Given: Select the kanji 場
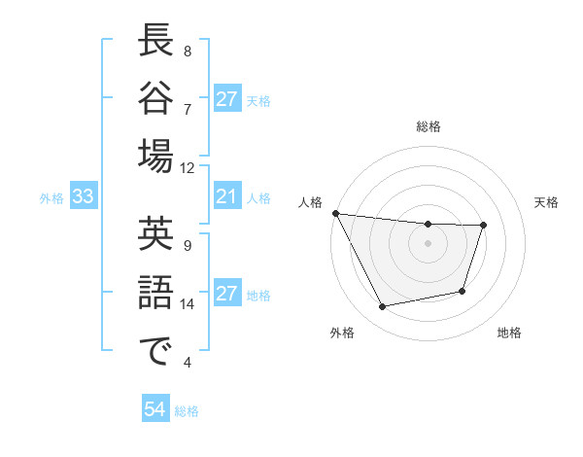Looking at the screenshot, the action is click(155, 158).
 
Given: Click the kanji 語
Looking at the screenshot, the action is click(155, 292).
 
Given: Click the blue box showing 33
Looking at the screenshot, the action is click(84, 197).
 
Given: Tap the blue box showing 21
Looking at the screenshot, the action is click(226, 197).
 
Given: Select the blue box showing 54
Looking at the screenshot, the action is click(154, 409).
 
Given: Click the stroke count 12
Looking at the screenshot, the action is click(187, 167).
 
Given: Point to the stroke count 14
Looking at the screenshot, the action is click(187, 304).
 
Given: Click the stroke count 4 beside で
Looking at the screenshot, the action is click(187, 363).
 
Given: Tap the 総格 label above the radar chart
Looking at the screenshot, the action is click(429, 126).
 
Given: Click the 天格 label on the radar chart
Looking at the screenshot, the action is click(546, 202).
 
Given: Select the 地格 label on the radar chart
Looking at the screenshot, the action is click(509, 334).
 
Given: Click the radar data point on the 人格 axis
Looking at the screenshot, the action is click(335, 213).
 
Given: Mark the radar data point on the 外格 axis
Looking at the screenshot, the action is click(383, 307).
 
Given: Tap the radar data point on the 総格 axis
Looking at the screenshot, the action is click(429, 225).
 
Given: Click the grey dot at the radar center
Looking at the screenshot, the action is click(429, 244).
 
